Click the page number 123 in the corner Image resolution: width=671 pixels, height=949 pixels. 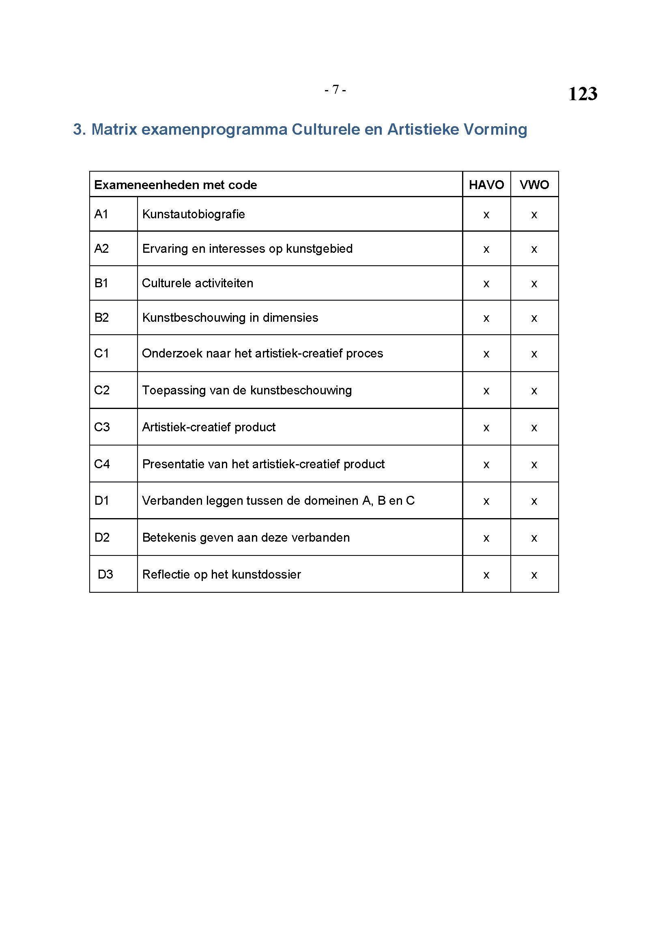[582, 94]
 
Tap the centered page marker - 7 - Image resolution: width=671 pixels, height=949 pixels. [335, 89]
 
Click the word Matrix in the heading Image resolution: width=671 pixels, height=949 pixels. [114, 129]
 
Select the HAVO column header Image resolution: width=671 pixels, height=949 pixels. [486, 185]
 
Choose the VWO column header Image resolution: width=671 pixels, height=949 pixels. [534, 185]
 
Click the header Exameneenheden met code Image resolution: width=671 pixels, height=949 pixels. [176, 185]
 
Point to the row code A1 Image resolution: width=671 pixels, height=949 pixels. [101, 214]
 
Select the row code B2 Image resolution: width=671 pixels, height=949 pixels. [101, 317]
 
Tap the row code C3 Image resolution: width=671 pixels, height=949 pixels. [102, 427]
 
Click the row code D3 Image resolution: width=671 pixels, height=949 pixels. [105, 574]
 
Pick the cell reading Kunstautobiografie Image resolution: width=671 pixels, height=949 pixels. [194, 214]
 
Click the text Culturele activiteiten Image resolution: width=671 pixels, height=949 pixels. [198, 283]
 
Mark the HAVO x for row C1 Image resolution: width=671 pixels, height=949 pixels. [486, 354]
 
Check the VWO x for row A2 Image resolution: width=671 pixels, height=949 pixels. [534, 250]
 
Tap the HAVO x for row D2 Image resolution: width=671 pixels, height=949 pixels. [486, 538]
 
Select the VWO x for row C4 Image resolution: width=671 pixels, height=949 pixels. [534, 465]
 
